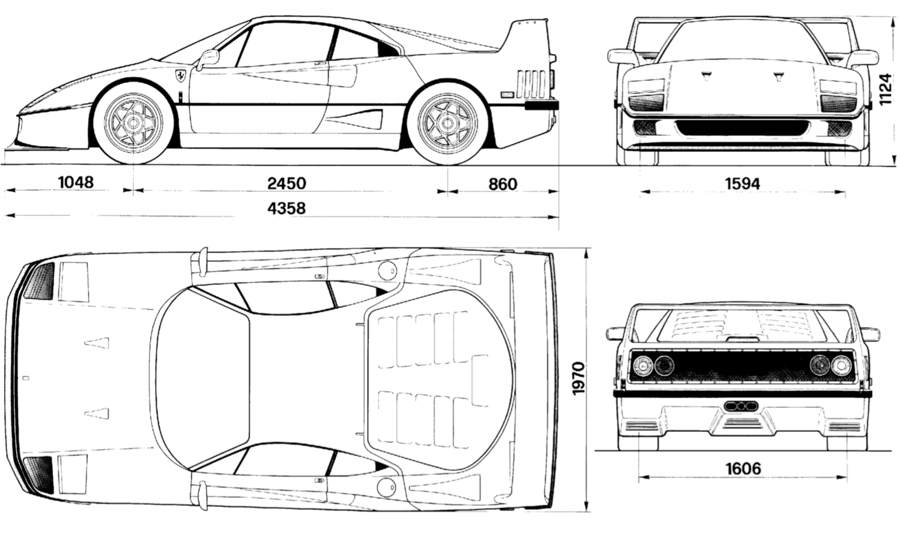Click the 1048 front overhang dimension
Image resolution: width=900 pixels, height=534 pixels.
coord(76,182)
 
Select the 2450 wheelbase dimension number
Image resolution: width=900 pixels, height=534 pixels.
coord(287,183)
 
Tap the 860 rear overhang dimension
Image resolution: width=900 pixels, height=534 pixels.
coord(502,184)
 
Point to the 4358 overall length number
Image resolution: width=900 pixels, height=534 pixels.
coord(286,208)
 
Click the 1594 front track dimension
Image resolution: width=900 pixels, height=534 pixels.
coord(742,184)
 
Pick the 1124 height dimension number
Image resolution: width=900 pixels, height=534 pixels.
coord(885,89)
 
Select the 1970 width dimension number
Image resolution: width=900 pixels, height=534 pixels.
coord(578,379)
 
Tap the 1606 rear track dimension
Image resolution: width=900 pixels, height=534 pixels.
coord(743,469)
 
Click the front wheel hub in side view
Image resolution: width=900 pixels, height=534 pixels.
coord(133,123)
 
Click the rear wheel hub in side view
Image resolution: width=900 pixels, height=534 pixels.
coord(447,123)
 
